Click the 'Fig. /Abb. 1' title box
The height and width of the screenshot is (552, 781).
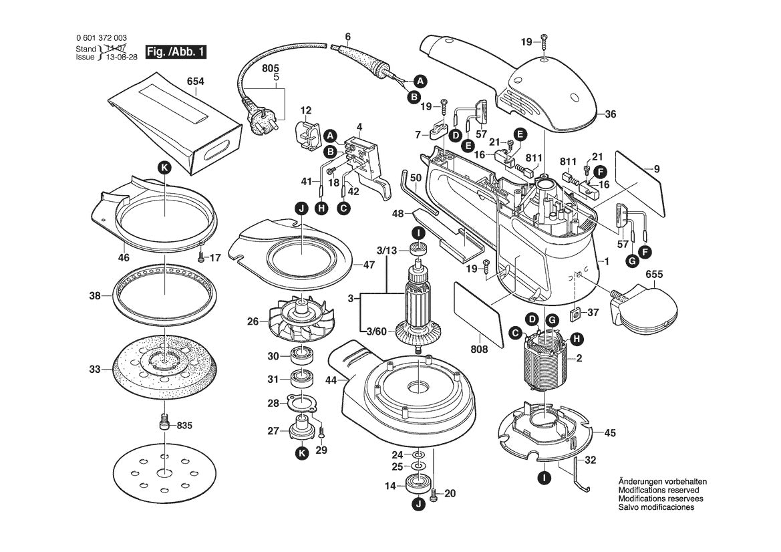[176, 52]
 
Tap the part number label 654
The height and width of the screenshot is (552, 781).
[195, 82]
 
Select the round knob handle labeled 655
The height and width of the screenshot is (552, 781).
[645, 309]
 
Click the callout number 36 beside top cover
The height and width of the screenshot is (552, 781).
[610, 114]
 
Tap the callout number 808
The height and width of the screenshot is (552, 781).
[479, 350]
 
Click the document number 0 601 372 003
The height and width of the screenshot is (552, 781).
[102, 38]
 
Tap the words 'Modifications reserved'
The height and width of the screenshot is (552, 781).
[659, 491]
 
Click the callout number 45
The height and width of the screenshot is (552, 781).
[610, 433]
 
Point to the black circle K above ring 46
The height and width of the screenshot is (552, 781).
[164, 168]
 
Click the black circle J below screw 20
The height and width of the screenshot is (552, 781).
[418, 505]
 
